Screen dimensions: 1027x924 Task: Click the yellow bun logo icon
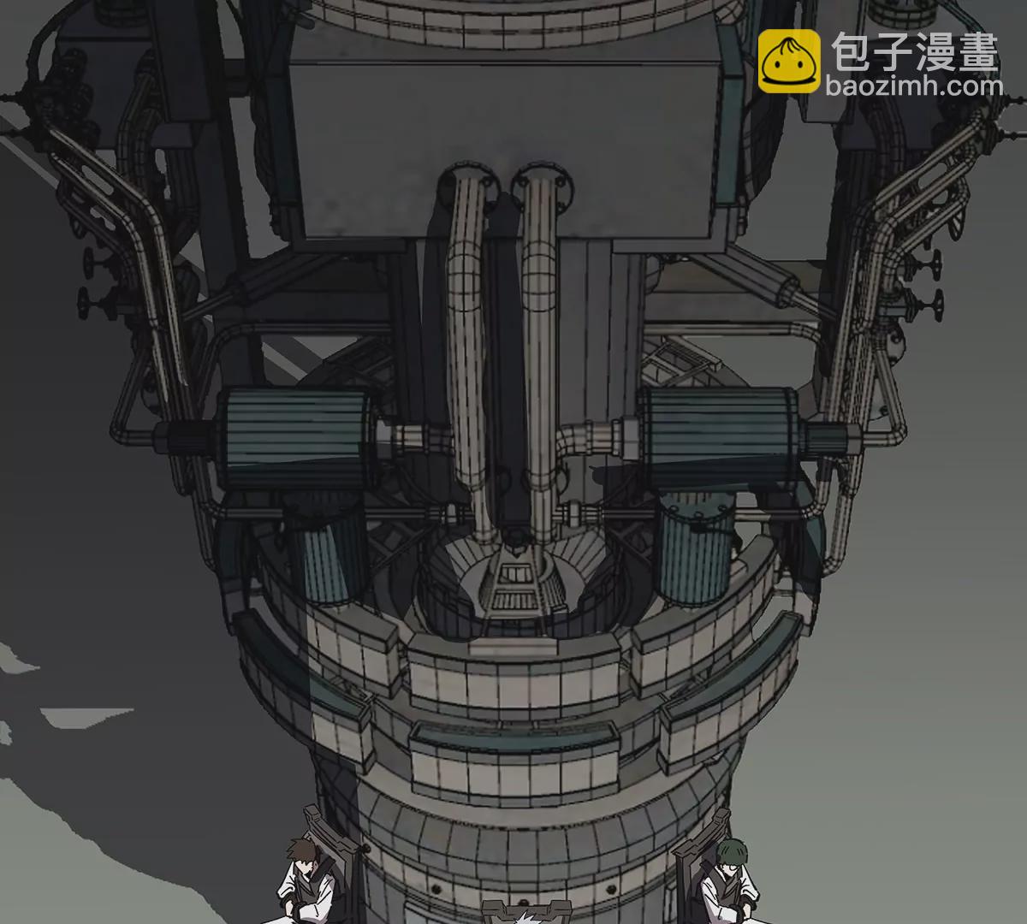coord(789,61)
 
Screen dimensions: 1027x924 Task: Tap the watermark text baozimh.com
coord(914,86)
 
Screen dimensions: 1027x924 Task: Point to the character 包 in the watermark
coord(852,51)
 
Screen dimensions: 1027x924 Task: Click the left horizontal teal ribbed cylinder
coord(297,438)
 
